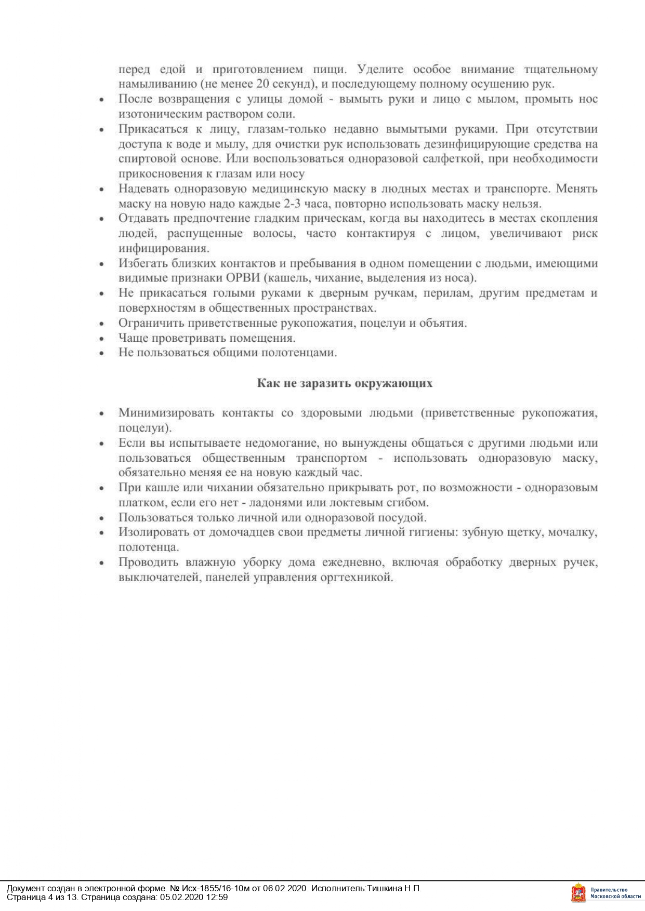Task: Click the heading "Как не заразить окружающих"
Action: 345,383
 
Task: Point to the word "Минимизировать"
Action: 166,413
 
